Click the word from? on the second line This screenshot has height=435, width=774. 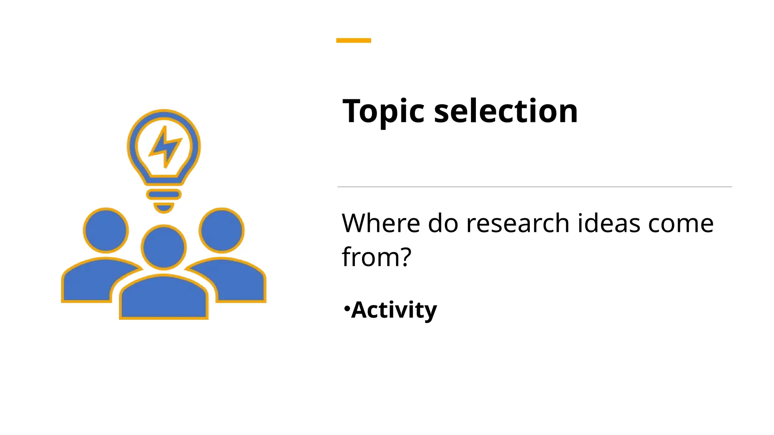pyautogui.click(x=376, y=257)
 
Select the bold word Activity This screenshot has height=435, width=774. pyautogui.click(x=394, y=310)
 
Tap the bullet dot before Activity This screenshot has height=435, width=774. pyautogui.click(x=347, y=309)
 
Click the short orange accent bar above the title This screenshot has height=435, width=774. pyautogui.click(x=353, y=40)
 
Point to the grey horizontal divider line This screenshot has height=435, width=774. pyautogui.click(x=534, y=187)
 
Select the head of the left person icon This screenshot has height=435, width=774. pyautogui.click(x=106, y=230)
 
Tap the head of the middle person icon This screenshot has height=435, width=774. pyautogui.click(x=164, y=247)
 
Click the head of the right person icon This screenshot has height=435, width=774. pyautogui.click(x=221, y=230)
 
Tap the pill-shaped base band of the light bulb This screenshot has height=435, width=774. pyautogui.click(x=164, y=194)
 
